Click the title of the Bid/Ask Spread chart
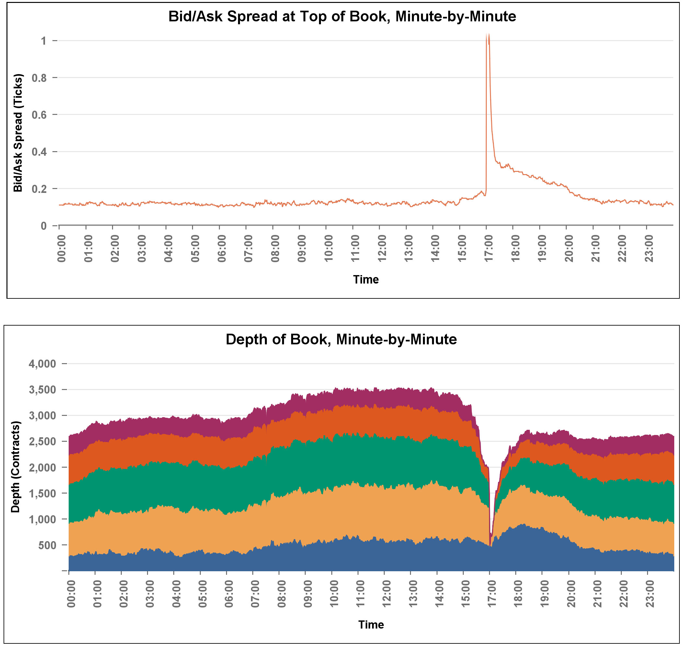pyautogui.click(x=342, y=17)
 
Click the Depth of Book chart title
pyautogui.click(x=341, y=339)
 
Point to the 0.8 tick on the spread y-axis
pyautogui.click(x=39, y=78)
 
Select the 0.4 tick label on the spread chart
pyautogui.click(x=39, y=152)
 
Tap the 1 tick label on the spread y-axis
pyautogui.click(x=43, y=41)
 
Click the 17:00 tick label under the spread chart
pyautogui.click(x=489, y=249)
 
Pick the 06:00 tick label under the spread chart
pyautogui.click(x=222, y=249)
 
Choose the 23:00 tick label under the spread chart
pyautogui.click(x=649, y=249)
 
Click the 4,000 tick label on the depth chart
pyautogui.click(x=42, y=364)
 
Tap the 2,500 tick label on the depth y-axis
pyautogui.click(x=42, y=441)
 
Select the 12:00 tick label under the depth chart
pyautogui.click(x=387, y=594)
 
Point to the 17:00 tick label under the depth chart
pyautogui.click(x=492, y=594)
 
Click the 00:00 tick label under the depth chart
pyautogui.click(x=71, y=594)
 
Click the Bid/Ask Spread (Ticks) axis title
pyautogui.click(x=17, y=133)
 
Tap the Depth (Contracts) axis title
pyautogui.click(x=16, y=467)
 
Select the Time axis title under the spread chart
pyautogui.click(x=366, y=280)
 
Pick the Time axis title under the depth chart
pyautogui.click(x=371, y=625)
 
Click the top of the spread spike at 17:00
pyautogui.click(x=488, y=35)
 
